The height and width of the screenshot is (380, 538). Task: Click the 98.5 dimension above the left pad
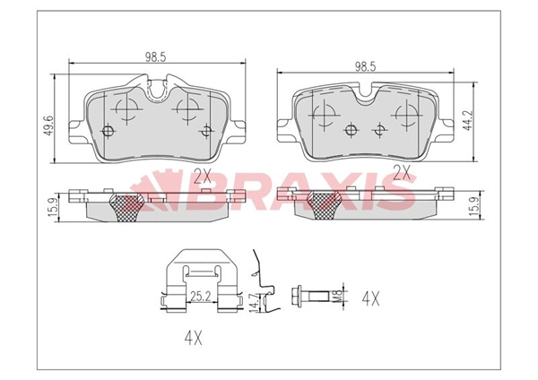157,56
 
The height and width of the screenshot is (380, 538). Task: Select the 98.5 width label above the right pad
364,66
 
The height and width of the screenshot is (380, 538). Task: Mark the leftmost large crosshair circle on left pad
125,109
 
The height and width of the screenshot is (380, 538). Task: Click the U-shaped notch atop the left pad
158,88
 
